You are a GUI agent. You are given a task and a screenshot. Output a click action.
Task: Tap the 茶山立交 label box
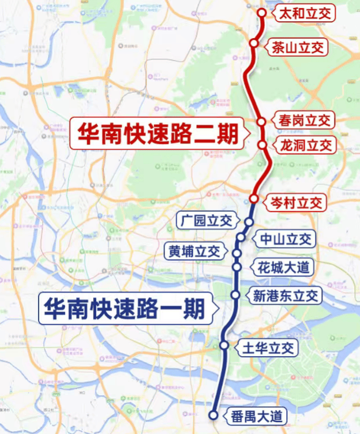pyautogui.click(x=297, y=47)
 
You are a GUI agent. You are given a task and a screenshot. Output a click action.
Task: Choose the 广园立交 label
pyautogui.click(x=206, y=220)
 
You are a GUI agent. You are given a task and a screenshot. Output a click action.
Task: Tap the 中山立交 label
pyautogui.click(x=286, y=239)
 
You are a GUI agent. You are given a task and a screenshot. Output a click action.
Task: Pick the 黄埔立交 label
pyautogui.click(x=194, y=252)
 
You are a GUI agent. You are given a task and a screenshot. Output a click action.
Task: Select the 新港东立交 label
pyautogui.click(x=286, y=296)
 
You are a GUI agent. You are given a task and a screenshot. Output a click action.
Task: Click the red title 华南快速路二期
pyautogui.click(x=157, y=134)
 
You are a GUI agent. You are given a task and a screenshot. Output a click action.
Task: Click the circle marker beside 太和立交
pyautogui.click(x=262, y=12)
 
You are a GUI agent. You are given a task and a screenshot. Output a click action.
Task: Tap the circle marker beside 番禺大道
pyautogui.click(x=213, y=415)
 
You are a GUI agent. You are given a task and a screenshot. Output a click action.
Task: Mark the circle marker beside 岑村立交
pyautogui.click(x=254, y=199)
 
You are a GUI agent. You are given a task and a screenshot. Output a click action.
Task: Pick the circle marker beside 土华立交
pyautogui.click(x=224, y=345)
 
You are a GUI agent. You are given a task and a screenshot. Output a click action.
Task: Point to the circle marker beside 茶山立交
pyautogui.click(x=254, y=43)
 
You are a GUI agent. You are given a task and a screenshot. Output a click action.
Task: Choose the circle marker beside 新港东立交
pyautogui.click(x=235, y=295)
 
